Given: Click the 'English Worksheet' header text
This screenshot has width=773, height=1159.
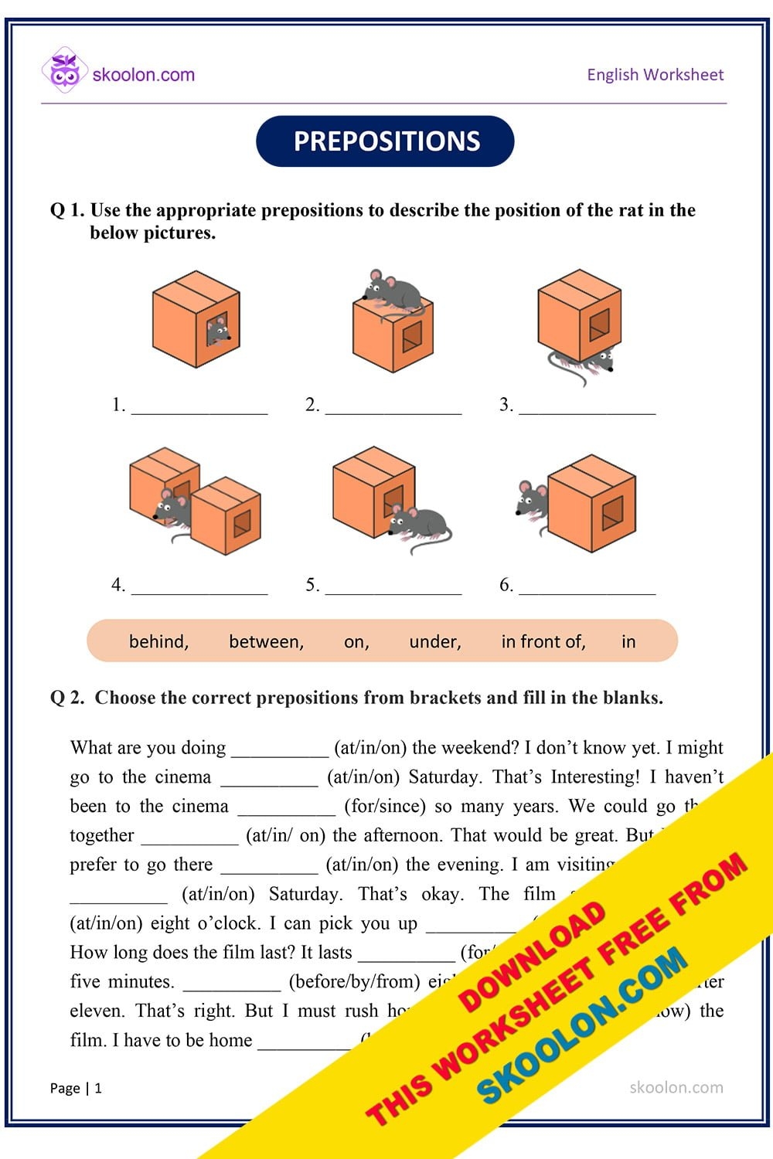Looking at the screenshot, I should (655, 75).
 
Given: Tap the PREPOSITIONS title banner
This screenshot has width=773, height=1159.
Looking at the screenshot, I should (385, 141).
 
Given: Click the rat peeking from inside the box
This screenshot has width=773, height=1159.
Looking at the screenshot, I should (218, 331).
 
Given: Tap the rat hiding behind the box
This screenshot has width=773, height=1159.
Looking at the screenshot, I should (532, 501).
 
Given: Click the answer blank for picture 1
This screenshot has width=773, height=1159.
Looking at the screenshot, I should (199, 407).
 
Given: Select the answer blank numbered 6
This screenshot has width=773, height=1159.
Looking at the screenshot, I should (587, 586).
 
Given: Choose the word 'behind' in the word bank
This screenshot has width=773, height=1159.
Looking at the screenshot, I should (158, 641).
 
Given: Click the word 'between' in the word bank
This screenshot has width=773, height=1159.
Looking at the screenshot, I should (266, 641).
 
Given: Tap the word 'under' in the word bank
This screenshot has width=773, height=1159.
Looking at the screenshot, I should (434, 641).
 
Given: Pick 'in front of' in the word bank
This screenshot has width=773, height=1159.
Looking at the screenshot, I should (543, 641).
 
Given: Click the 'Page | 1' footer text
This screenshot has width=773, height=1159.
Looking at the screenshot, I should (76, 1088).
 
